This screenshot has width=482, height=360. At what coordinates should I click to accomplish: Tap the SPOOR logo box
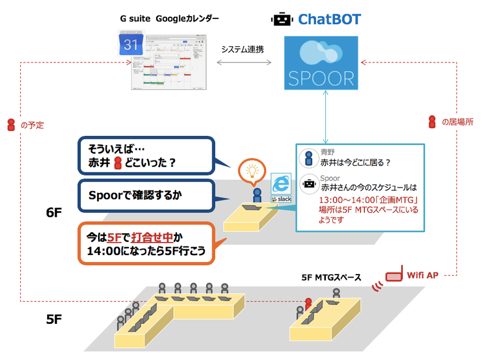point(321,63)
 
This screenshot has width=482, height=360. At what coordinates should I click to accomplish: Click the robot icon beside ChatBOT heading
point(281,19)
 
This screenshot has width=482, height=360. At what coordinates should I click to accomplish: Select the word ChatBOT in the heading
point(329,19)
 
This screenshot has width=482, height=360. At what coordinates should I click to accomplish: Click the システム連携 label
point(243,49)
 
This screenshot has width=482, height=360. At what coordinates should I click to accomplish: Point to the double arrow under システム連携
point(243,62)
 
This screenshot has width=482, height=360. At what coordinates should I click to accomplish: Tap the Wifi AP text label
point(423,275)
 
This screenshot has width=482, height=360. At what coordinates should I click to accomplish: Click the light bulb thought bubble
point(251,171)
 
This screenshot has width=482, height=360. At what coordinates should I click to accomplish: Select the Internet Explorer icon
point(281,183)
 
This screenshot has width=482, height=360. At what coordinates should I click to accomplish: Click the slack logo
point(281,198)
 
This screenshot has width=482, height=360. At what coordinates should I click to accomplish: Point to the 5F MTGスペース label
point(331,277)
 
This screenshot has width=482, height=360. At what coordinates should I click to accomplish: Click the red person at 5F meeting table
point(308,304)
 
